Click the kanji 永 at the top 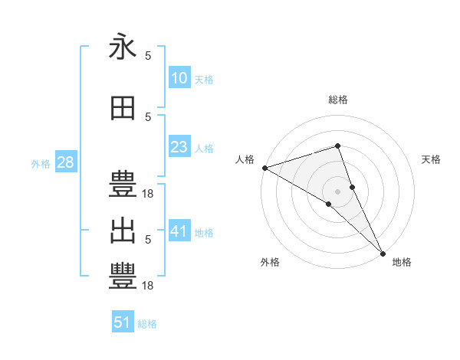123,47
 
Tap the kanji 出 123,231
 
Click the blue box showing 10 179,77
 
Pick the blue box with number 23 179,147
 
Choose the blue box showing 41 179,231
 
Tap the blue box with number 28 65,162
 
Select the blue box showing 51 123,322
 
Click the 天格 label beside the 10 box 204,79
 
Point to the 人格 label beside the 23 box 204,148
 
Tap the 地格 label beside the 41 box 204,232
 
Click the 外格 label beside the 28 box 41,163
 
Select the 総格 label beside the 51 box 147,324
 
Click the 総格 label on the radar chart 338,100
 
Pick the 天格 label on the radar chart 432,159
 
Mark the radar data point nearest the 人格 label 264,168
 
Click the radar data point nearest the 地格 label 383,253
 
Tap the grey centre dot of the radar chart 337,191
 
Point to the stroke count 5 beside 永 148,55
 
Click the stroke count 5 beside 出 148,239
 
